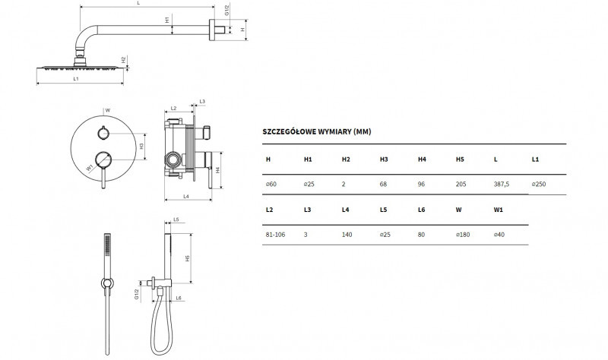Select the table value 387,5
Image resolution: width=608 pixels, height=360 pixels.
[502, 184]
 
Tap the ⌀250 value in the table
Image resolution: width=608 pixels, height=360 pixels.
[539, 184]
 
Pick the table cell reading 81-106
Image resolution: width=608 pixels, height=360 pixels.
[274, 235]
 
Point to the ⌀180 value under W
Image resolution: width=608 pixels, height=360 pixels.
[463, 235]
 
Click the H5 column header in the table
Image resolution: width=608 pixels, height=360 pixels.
[460, 159]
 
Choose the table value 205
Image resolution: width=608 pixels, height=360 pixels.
[461, 184]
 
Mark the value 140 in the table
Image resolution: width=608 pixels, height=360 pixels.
[347, 235]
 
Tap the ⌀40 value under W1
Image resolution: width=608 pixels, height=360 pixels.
[499, 235]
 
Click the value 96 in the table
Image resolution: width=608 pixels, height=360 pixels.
[422, 184]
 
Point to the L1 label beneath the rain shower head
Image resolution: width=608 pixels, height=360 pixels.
[77, 79]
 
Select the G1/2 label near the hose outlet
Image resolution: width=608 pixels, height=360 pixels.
[137, 294]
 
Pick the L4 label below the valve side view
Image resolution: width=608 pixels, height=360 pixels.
[187, 197]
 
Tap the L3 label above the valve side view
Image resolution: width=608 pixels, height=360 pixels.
[202, 101]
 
